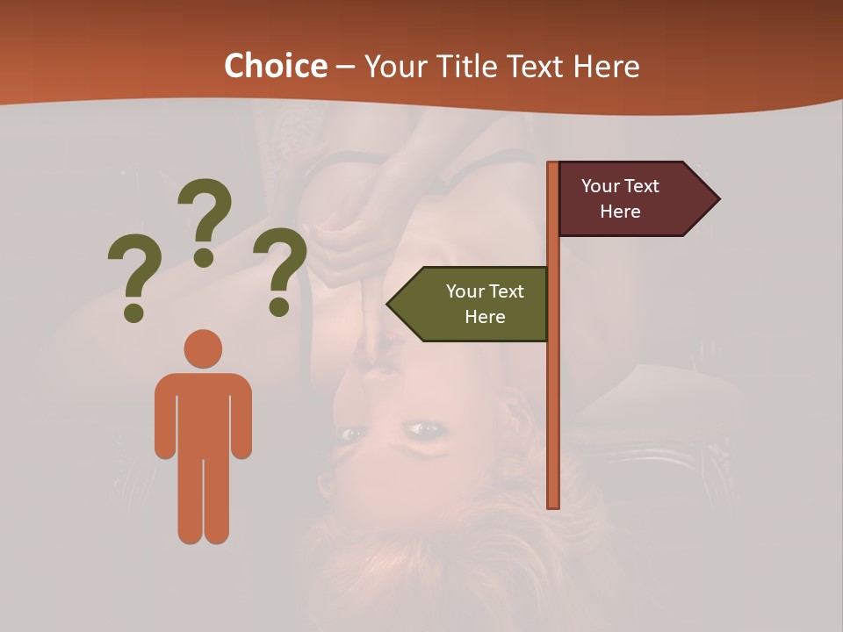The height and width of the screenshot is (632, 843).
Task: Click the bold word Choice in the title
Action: pos(275,66)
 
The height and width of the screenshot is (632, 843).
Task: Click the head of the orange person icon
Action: pos(203,348)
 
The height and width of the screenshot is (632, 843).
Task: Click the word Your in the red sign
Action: pos(600,186)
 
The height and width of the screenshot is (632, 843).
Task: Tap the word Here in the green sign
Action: pos(485,317)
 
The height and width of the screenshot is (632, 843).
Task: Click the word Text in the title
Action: pos(537,66)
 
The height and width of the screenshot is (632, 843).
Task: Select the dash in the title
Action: pos(345,68)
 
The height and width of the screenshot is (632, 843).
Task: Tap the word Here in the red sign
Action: pos(620,212)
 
